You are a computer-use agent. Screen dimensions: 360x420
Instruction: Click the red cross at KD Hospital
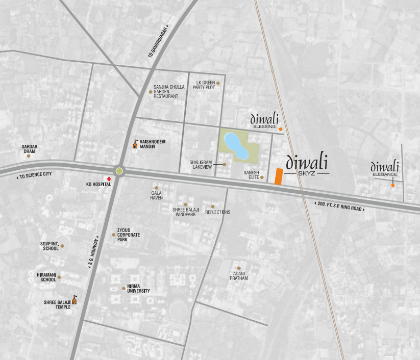click(x=108, y=179)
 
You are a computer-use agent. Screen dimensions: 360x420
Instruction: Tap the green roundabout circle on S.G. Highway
click(x=119, y=171)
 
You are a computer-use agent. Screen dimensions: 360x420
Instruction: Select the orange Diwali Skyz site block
click(x=279, y=176)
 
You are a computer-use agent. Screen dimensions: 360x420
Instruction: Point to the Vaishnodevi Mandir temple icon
click(x=135, y=144)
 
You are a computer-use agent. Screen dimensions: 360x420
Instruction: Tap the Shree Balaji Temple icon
click(x=75, y=300)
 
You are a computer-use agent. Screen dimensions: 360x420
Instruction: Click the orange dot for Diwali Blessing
click(x=281, y=129)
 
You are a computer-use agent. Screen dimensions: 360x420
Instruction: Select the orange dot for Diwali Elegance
click(x=392, y=185)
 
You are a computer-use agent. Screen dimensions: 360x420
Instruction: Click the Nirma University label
click(x=139, y=289)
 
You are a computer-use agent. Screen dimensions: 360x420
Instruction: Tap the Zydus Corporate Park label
click(x=129, y=235)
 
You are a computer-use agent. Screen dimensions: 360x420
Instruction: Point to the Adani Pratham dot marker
click(x=238, y=268)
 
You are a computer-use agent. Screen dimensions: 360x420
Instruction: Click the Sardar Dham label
click(x=30, y=148)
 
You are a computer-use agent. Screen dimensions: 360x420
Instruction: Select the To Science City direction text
click(x=35, y=175)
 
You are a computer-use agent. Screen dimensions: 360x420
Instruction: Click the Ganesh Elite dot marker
click(x=262, y=177)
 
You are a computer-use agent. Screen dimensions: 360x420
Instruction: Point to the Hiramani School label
click(x=46, y=277)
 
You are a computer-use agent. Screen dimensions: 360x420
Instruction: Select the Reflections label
click(x=218, y=212)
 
